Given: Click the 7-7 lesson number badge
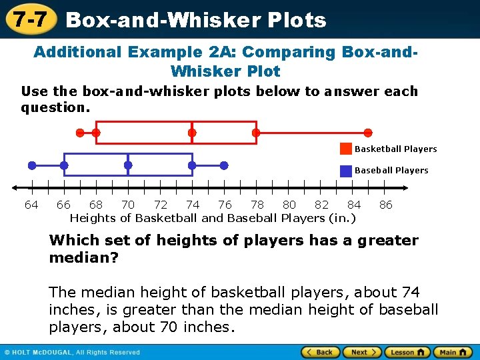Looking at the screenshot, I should tap(29, 19).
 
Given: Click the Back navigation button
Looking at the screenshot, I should tap(320, 352).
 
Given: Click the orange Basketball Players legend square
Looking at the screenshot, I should tap(346, 149).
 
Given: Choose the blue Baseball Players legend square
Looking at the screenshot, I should tap(346, 171).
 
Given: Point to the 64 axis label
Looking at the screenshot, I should tap(31, 205).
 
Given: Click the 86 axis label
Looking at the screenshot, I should tap(386, 205).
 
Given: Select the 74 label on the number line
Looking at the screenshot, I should tap(193, 205).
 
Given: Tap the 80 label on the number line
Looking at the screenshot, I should tap(289, 205).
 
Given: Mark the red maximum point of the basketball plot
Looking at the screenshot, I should tap(368, 133).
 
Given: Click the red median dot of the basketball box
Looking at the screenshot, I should tap(192, 133).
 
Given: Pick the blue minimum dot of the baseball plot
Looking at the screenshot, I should tap(32, 165).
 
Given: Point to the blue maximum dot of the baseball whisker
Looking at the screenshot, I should tap(224, 165).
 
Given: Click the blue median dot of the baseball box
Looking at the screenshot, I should tap(128, 165).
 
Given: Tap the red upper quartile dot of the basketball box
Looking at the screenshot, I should tap(256, 133).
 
